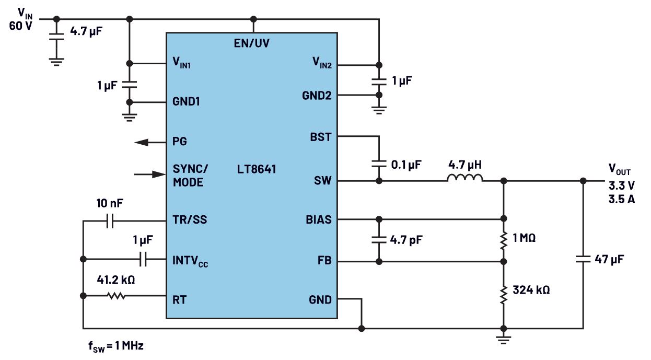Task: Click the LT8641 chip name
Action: [257, 169]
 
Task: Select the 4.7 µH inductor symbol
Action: [464, 179]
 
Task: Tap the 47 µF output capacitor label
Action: [609, 259]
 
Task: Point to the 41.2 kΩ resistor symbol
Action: [117, 296]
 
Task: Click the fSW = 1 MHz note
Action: [115, 346]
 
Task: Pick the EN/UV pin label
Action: [252, 43]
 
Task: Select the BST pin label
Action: [320, 137]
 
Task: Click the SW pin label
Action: [322, 181]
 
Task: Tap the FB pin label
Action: [324, 261]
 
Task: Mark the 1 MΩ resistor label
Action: [524, 239]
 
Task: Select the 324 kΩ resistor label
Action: [531, 289]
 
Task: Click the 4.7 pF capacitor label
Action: [406, 240]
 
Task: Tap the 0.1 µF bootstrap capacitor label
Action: [406, 164]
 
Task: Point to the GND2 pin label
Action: [317, 96]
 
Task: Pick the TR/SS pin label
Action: [190, 219]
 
